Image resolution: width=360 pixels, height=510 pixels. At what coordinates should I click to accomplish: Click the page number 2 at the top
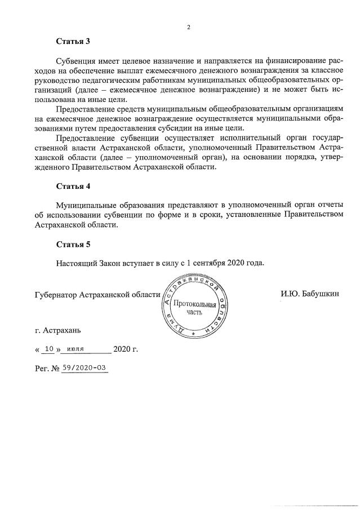189,26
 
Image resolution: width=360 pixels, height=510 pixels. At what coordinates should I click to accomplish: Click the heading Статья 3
73,41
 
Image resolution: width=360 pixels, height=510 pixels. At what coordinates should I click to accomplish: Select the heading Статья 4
73,185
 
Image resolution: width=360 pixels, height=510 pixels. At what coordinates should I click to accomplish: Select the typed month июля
75,349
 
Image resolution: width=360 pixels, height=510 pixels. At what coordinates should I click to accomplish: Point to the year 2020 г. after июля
126,349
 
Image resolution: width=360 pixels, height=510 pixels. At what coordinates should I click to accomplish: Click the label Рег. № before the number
47,368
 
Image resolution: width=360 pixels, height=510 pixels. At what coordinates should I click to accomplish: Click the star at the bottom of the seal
193,334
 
